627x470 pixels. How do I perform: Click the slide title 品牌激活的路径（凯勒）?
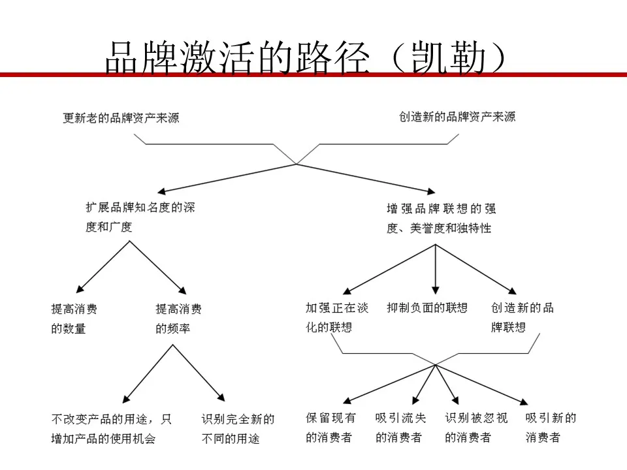point(306,58)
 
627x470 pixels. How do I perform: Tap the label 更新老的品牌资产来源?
point(121,118)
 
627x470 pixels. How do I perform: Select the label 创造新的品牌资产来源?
point(457,117)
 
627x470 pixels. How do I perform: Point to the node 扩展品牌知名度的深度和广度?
point(140,217)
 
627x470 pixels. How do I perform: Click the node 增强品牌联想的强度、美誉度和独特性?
point(442,218)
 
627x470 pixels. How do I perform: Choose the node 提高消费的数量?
point(74,319)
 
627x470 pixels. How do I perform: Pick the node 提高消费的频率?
point(179,319)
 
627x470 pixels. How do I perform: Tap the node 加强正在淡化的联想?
point(337,317)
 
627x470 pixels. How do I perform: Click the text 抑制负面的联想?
point(427,307)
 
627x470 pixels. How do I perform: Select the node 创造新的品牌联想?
point(522,317)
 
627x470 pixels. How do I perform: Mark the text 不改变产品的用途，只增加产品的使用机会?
point(112,429)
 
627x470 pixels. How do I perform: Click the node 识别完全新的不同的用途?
point(238,429)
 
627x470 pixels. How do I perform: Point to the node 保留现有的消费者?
point(330,428)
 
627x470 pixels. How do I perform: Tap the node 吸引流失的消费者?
point(400,428)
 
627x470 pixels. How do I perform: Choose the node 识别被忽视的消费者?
point(476,428)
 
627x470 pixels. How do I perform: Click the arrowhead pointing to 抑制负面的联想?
point(436,290)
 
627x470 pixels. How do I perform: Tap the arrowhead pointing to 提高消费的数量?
point(80,289)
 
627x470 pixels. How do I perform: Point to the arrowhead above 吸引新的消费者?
point(524,401)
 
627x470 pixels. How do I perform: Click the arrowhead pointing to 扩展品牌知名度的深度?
point(161,191)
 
